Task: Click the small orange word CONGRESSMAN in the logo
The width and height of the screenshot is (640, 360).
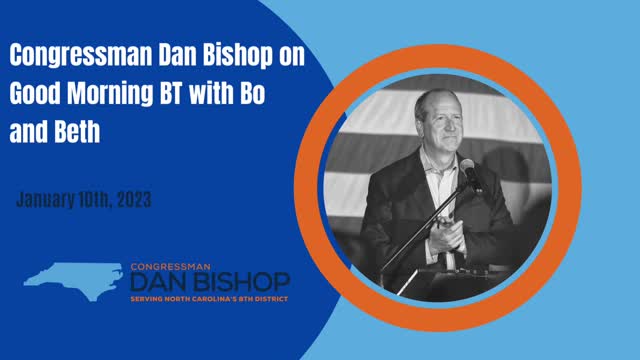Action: [x=167, y=267]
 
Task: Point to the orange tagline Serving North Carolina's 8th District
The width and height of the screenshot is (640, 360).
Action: [x=209, y=298]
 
